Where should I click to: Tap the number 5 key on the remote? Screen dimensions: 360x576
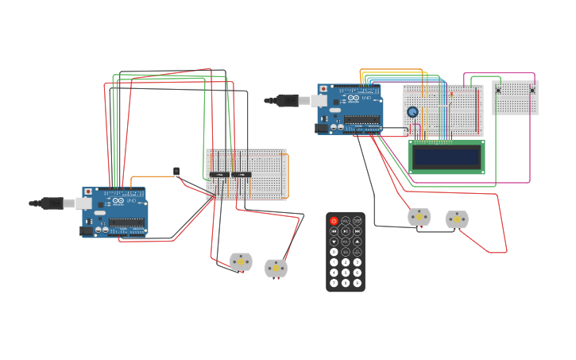pos(346,273)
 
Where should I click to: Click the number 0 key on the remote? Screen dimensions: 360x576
pos(334,252)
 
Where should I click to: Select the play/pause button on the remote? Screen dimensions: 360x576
pos(346,231)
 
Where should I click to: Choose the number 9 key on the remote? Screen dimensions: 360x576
pos(358,283)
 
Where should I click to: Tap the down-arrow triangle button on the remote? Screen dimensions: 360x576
pos(334,242)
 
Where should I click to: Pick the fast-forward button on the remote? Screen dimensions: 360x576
pos(358,231)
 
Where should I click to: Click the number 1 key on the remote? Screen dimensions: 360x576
pos(334,262)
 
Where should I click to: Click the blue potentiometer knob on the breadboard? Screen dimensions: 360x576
pos(412,112)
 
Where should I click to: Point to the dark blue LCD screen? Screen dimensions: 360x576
pos(446,157)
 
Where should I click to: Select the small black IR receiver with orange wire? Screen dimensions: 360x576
pos(176,171)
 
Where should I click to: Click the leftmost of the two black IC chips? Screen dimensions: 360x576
pos(219,174)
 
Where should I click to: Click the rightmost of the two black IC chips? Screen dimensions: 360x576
pos(242,174)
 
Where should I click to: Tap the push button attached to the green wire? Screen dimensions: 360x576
pos(498,90)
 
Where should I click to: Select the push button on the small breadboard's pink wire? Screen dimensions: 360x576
pos(532,90)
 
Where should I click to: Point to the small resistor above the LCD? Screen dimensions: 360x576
pos(451,95)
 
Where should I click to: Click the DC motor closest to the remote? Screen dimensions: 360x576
pos(419,216)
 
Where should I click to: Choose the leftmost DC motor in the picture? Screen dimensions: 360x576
pos(241,261)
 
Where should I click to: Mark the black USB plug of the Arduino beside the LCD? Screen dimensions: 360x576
pos(287,100)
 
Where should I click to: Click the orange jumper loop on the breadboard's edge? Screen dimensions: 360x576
pos(285,175)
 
